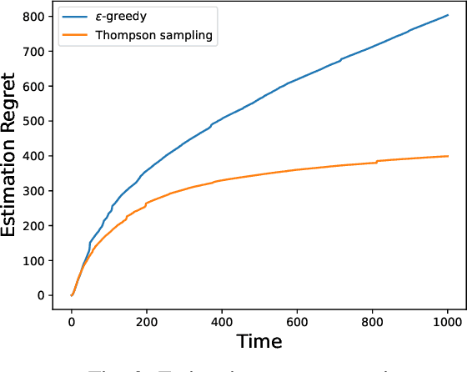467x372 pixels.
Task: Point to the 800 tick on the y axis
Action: point(35,16)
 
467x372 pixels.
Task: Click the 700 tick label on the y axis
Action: point(35,51)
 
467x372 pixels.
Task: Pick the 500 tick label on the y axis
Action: point(35,121)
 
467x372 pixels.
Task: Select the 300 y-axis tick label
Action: point(35,190)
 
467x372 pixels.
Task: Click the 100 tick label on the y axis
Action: point(35,260)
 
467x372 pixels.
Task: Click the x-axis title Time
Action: point(259,341)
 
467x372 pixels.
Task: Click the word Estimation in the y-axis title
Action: point(12,189)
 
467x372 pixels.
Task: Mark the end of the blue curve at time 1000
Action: point(448,15)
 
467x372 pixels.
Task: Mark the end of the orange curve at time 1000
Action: point(448,156)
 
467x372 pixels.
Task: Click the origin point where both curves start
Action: point(72,295)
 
